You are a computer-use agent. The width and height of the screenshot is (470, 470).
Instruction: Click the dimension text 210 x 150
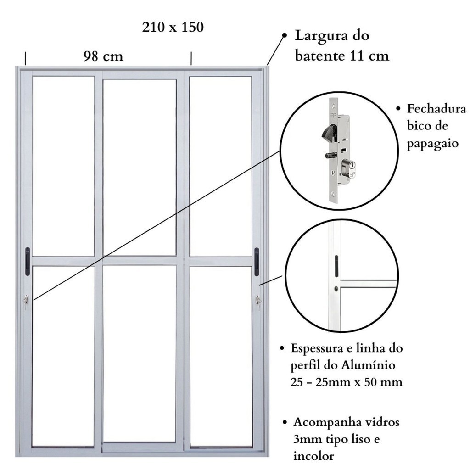tap(173, 27)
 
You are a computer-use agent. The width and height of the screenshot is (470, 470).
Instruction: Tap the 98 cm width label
tap(103, 56)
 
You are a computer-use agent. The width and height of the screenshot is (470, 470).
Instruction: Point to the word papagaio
tap(432, 143)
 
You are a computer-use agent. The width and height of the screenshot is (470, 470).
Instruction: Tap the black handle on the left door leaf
tap(28, 261)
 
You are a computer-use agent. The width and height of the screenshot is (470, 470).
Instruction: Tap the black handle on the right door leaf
tap(257, 262)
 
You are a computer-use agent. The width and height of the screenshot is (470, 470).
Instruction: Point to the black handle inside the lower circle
tap(336, 266)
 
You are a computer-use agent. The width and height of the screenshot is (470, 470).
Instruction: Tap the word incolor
tap(313, 456)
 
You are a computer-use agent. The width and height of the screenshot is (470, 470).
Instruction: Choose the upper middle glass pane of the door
tap(140, 168)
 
